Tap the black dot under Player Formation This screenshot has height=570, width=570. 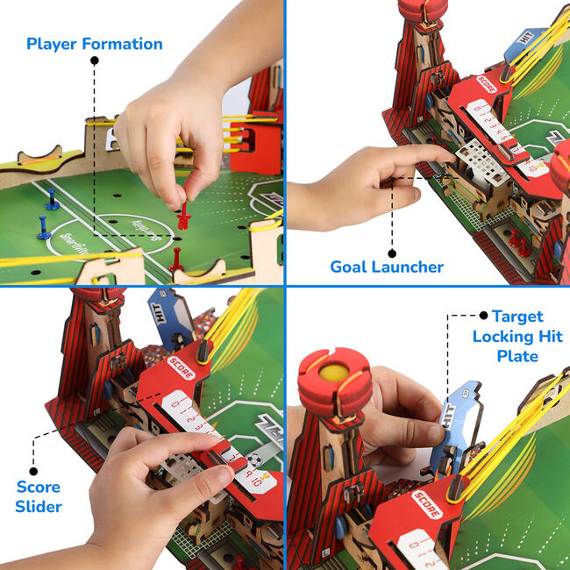[94, 61]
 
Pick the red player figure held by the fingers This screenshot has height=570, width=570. [184, 214]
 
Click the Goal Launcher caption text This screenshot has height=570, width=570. [387, 267]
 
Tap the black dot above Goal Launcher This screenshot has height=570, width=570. [393, 252]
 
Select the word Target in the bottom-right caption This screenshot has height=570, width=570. [517, 317]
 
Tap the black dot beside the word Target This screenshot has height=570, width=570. [482, 315]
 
